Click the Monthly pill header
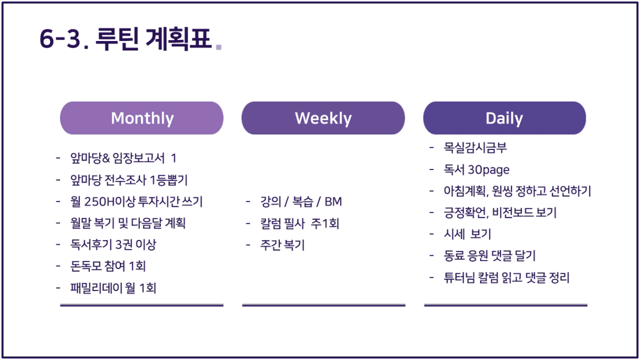coord(142,118)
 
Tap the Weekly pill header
coord(323,118)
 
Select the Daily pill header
coord(505,118)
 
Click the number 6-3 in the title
coord(60,38)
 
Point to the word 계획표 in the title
coord(179,38)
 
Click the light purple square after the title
coord(218,47)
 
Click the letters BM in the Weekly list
coord(333,202)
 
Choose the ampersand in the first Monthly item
coord(106,158)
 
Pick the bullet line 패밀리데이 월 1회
coord(113,288)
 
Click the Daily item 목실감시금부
coord(475,148)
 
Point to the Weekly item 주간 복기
coord(283,245)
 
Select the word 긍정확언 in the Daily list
coord(465,213)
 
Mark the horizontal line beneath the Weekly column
coord(324,305)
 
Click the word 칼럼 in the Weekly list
coord(271,224)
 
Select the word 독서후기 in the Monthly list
coord(91,245)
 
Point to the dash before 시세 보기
coord(432,234)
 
